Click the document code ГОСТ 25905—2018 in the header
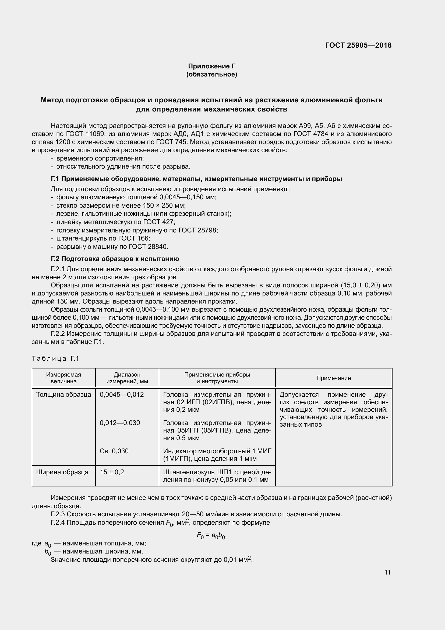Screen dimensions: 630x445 click(358, 45)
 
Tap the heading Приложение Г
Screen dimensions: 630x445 click(211, 66)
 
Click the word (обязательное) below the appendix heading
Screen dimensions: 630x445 click(211, 74)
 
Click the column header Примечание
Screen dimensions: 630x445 click(333, 378)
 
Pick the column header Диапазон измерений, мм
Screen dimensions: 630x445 click(127, 378)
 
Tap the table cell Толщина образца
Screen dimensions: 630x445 click(63, 395)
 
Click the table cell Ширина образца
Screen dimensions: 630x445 click(62, 472)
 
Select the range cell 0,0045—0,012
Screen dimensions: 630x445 click(122, 395)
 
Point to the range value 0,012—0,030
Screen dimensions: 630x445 click(120, 423)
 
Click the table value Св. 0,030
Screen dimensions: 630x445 click(114, 451)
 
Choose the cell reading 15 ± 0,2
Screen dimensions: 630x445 click(112, 472)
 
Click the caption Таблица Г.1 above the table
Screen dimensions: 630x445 click(55, 358)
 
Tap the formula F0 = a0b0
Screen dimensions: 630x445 click(211, 535)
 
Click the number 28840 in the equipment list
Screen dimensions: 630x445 click(157, 247)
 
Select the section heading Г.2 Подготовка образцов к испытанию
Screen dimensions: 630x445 click(115, 259)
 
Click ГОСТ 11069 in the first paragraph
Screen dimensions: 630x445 click(85, 134)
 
